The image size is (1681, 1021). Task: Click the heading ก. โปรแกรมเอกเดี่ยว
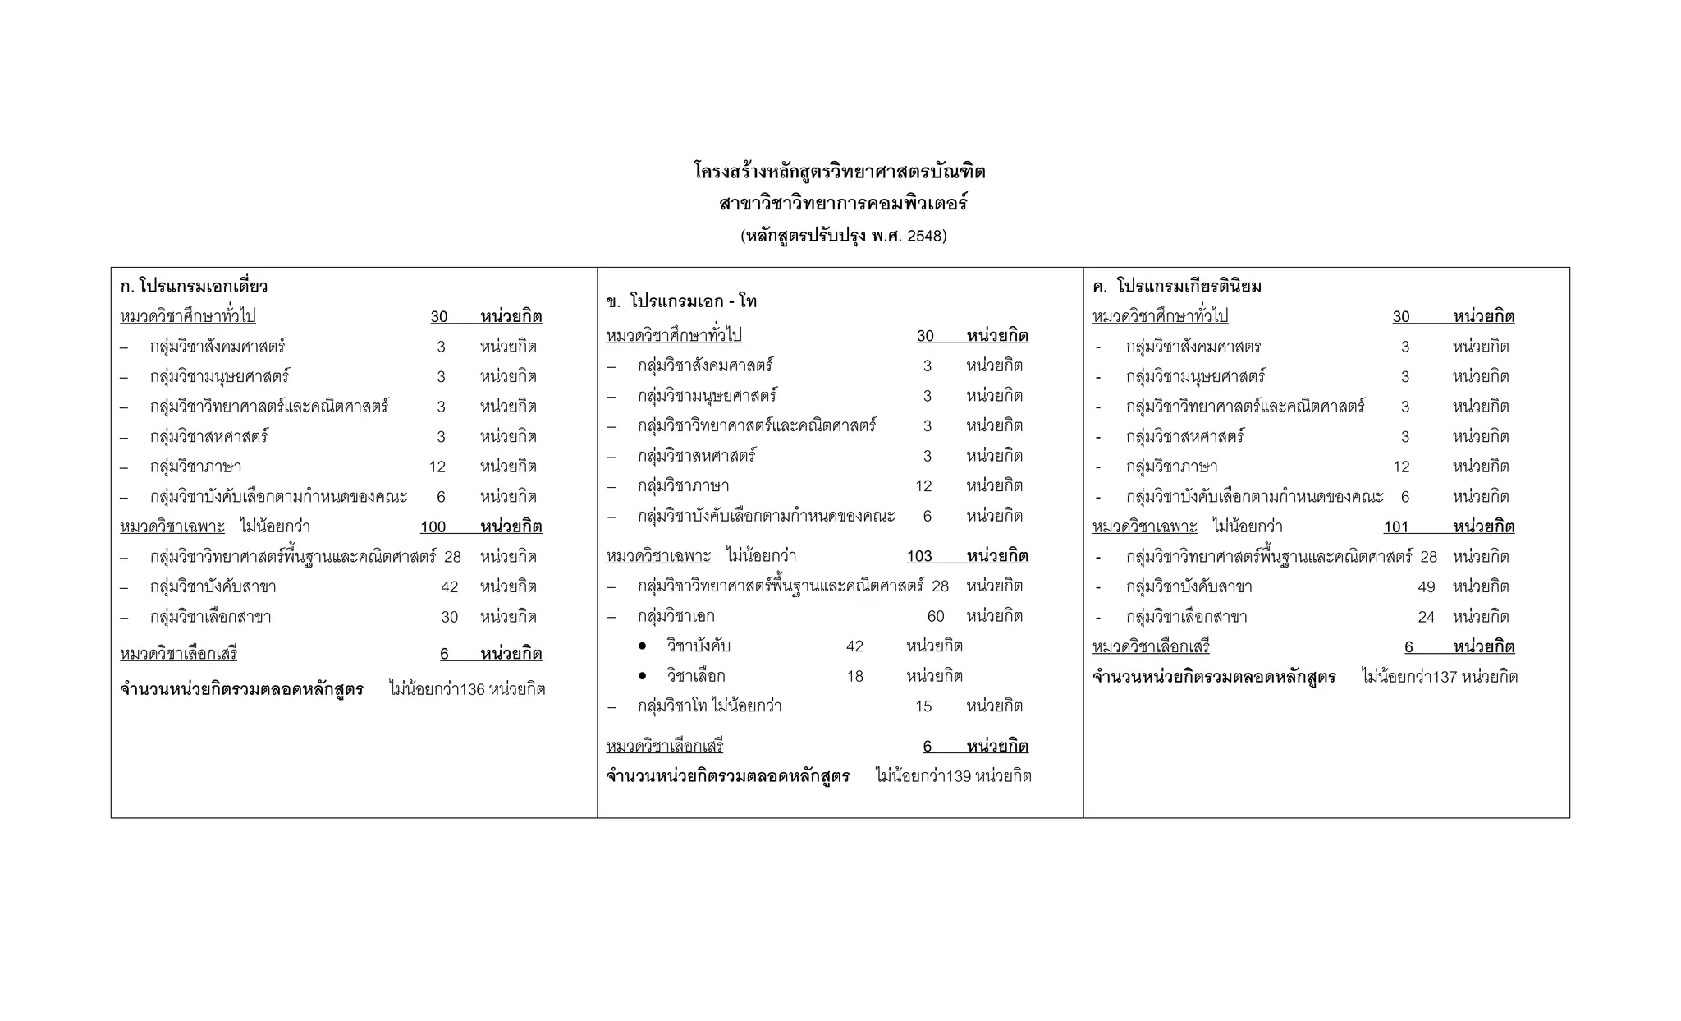pyautogui.click(x=194, y=287)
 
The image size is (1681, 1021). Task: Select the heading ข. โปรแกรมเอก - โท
pyautogui.click(x=681, y=301)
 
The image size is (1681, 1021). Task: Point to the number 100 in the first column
pyautogui.click(x=433, y=527)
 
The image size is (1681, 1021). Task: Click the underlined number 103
pyautogui.click(x=919, y=557)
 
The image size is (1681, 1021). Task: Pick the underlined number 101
pyautogui.click(x=1395, y=527)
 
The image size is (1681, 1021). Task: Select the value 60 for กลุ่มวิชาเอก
pyautogui.click(x=936, y=617)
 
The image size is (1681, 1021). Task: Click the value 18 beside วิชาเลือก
pyautogui.click(x=855, y=677)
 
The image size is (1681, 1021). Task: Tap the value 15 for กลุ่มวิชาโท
pyautogui.click(x=923, y=706)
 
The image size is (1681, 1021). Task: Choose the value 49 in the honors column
pyautogui.click(x=1426, y=587)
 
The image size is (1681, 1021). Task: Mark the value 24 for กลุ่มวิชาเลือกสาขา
pyautogui.click(x=1426, y=617)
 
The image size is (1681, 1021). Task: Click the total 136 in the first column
pyautogui.click(x=473, y=690)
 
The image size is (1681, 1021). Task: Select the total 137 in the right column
pyautogui.click(x=1444, y=678)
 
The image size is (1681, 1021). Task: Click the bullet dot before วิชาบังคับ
pyautogui.click(x=642, y=647)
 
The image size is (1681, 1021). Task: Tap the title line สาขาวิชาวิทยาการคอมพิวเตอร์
pyautogui.click(x=843, y=203)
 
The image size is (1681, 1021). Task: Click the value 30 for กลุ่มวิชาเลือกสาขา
pyautogui.click(x=449, y=617)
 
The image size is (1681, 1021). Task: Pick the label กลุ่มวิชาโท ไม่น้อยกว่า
pyautogui.click(x=709, y=706)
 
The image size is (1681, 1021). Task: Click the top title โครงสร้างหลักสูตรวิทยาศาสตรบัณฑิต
pyautogui.click(x=840, y=172)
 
